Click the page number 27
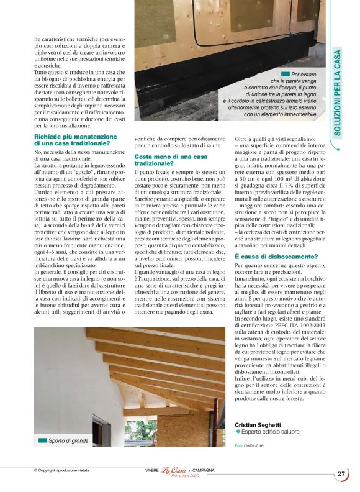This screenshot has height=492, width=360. (341, 474)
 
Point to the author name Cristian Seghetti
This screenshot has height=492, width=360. (257, 424)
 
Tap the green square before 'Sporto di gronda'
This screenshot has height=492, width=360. (42, 440)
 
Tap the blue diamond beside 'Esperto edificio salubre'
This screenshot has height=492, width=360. (238, 431)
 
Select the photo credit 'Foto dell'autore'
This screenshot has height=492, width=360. (250, 445)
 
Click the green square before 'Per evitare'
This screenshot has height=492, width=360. (285, 74)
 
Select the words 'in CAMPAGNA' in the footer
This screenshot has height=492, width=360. (201, 471)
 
